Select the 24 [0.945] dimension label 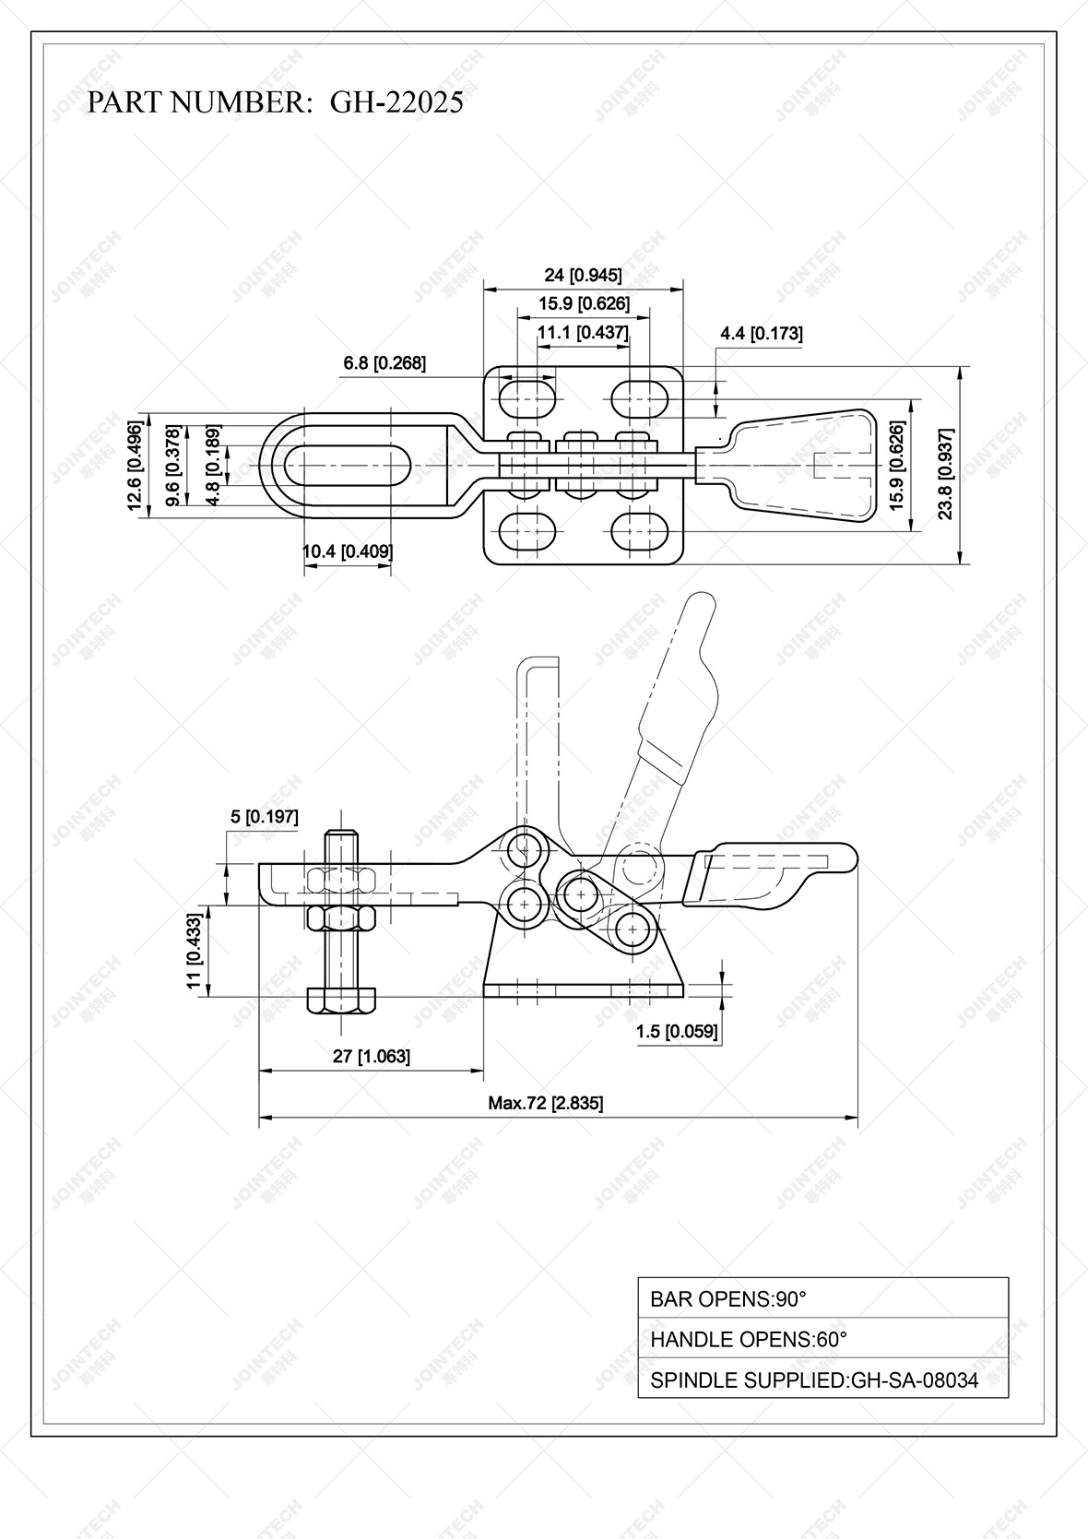click(583, 275)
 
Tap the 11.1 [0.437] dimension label click(583, 333)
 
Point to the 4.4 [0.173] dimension click(761, 334)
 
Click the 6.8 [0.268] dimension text click(384, 363)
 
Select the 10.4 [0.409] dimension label click(348, 551)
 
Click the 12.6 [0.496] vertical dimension click(136, 466)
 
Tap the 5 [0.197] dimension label click(264, 816)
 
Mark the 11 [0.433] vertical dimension click(195, 952)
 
